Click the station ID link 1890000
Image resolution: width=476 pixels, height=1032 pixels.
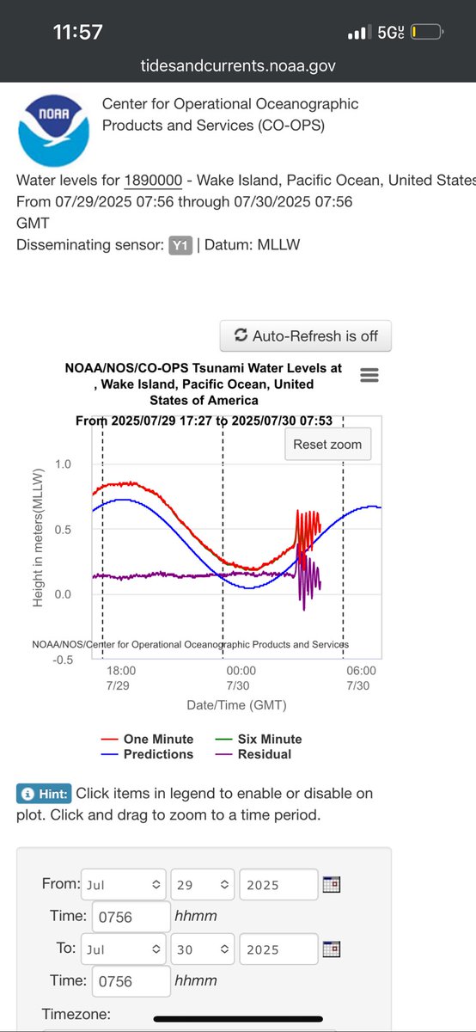pos(153,181)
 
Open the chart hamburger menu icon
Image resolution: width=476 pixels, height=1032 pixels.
pos(369,375)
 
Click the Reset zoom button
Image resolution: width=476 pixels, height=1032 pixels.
pos(327,445)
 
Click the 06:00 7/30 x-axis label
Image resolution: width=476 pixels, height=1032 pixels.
pos(361,678)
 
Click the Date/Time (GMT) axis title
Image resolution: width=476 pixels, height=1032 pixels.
pos(236,704)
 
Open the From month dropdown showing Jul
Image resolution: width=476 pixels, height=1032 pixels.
pos(124,883)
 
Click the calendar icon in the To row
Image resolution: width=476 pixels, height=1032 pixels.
pos(332,949)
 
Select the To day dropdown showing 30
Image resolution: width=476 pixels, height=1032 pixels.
pos(203,949)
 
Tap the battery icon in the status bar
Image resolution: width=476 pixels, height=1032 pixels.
pos(426,34)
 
